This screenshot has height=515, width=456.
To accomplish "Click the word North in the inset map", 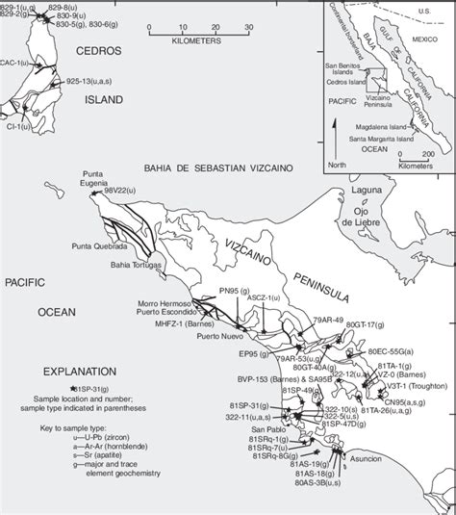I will click(x=335, y=165).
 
